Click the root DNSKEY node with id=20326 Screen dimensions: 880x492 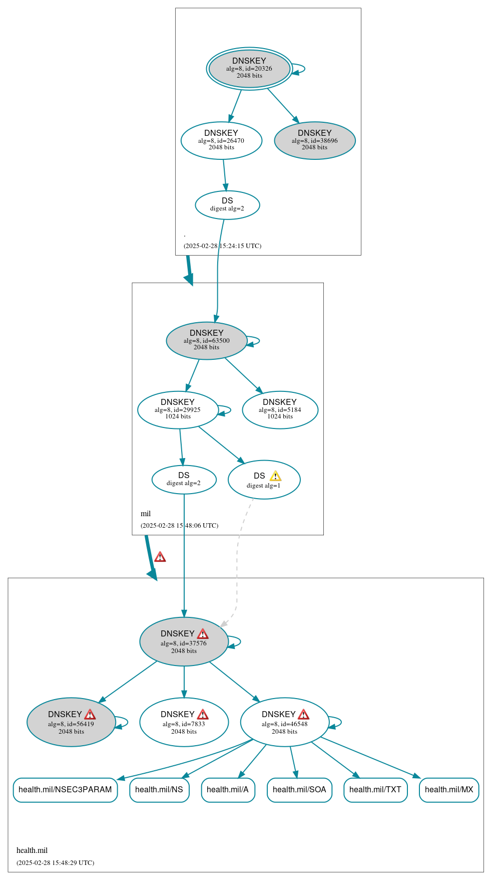(249, 68)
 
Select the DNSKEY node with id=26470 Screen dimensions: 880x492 (221, 140)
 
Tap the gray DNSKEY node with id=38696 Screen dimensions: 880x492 (315, 140)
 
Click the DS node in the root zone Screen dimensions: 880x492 (227, 204)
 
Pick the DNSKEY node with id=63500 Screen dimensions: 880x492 (207, 340)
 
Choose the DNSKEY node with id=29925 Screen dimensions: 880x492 (178, 409)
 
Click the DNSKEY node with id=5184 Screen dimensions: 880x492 (280, 409)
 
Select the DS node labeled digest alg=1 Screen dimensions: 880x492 (264, 480)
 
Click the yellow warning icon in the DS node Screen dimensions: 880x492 (275, 476)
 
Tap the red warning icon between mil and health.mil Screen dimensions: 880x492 (160, 557)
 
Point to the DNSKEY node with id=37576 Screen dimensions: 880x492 (184, 641)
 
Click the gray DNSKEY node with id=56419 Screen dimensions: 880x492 (71, 722)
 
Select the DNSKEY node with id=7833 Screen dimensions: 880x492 (184, 722)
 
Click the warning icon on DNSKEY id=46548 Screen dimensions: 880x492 (303, 715)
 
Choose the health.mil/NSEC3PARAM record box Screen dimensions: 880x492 (65, 790)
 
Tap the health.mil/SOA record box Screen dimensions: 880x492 (299, 790)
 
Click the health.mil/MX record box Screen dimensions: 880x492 (449, 790)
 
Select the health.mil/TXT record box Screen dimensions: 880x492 (375, 790)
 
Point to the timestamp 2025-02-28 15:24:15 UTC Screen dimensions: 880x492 (222, 246)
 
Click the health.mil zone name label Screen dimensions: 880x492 (32, 850)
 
